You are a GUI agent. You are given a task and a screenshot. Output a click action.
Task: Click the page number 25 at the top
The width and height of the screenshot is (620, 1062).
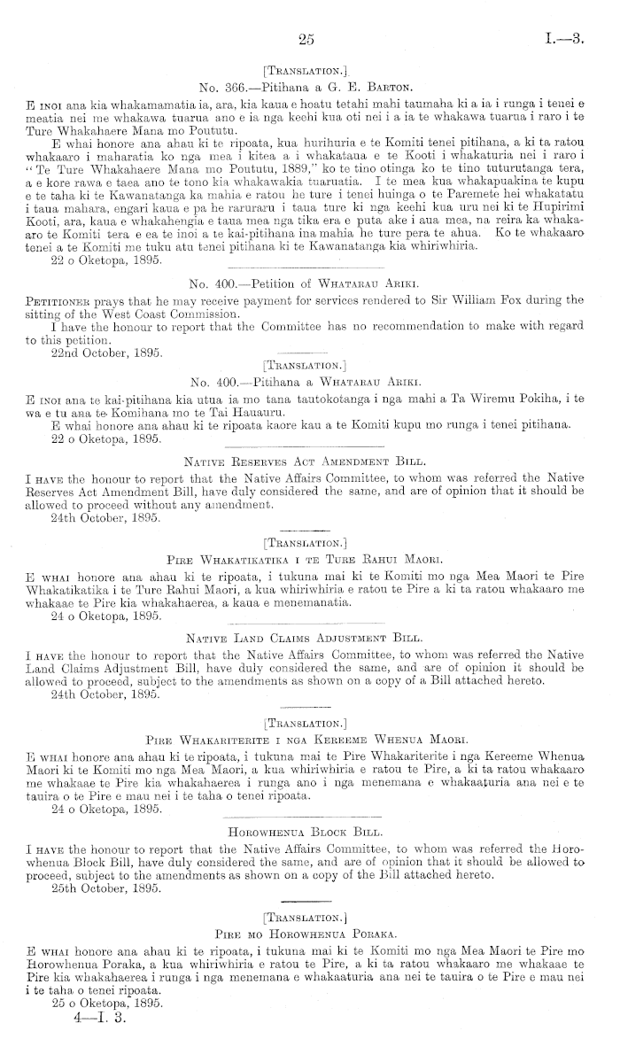(307, 38)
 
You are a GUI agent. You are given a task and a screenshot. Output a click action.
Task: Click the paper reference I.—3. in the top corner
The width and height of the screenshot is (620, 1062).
(563, 38)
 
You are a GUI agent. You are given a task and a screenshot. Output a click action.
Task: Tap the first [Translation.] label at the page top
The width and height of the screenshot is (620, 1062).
(308, 69)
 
